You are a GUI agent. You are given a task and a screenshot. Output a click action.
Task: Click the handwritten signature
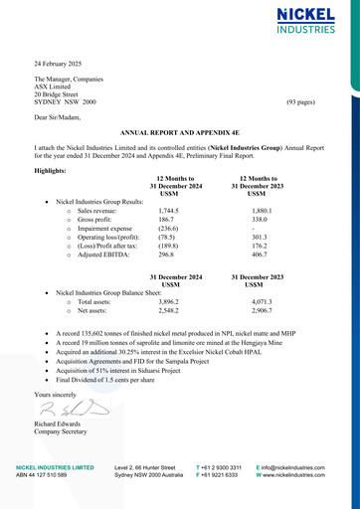pyautogui.click(x=66, y=409)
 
